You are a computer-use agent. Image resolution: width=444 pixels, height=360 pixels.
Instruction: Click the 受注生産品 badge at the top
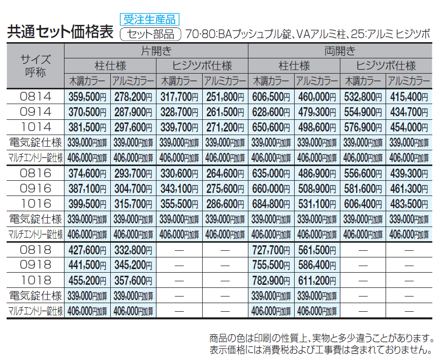(150, 19)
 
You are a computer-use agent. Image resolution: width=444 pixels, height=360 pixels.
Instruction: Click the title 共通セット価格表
(60, 32)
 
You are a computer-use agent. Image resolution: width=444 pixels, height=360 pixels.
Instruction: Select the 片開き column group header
(156, 51)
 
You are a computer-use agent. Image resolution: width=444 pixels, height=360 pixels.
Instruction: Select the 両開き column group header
(340, 51)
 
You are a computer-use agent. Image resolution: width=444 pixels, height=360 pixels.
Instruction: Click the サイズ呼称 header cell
(36, 66)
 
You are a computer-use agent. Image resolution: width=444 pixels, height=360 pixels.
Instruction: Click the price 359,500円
(87, 96)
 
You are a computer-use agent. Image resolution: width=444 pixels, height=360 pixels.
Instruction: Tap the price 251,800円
(225, 96)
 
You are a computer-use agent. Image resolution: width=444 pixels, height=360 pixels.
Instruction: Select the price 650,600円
(271, 127)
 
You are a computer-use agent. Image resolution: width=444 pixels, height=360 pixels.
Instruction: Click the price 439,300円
(409, 173)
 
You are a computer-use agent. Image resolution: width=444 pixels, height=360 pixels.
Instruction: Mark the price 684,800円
(271, 204)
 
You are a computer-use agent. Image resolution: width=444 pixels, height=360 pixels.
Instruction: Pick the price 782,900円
(271, 280)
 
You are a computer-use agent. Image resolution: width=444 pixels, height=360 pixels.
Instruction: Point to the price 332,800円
(133, 249)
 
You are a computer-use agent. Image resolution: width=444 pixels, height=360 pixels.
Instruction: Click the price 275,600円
(225, 188)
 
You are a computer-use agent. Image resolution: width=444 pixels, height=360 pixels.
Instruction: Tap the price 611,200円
(317, 280)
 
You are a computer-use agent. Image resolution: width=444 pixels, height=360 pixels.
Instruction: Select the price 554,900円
(363, 112)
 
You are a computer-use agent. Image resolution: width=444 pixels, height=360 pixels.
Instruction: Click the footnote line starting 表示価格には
(321, 349)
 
